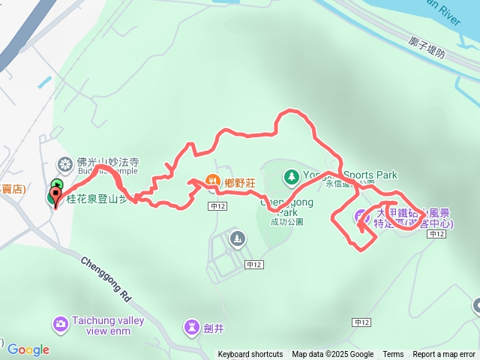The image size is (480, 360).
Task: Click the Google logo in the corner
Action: coord(28,349)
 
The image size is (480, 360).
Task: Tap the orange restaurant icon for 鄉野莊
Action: coord(212,181)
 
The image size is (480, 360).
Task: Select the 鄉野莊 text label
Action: coord(240,181)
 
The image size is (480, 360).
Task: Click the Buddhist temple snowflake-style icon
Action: coord(64,164)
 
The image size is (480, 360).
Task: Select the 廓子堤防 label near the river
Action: coord(428,48)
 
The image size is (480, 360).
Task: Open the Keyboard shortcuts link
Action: coord(250,355)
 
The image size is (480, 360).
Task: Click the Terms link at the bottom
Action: coord(393,355)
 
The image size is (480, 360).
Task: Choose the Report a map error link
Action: coord(445,355)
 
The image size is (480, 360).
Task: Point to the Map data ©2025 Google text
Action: coord(332,355)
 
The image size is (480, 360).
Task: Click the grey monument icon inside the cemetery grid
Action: coord(238,239)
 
